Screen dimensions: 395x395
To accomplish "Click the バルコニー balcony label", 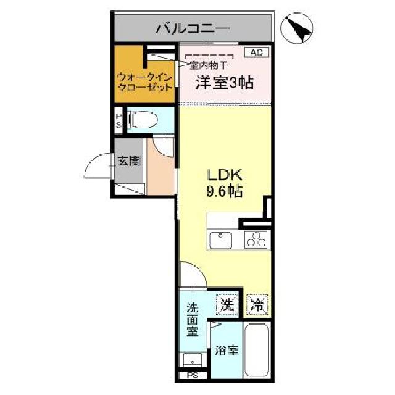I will point(193,28).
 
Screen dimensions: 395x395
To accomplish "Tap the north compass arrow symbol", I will point(299,27).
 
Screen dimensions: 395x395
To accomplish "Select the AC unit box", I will point(256,52).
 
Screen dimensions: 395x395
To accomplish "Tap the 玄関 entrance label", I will point(128,162).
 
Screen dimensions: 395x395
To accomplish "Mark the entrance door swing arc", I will point(96,167).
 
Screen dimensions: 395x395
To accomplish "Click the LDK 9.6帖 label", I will point(223,183).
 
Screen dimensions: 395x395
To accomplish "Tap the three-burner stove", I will point(256,239).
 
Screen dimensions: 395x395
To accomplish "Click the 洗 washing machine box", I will point(227,304).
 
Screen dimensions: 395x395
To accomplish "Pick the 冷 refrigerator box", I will point(258,304).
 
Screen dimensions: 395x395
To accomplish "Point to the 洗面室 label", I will point(192,319).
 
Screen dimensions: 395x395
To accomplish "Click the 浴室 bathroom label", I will point(227,351).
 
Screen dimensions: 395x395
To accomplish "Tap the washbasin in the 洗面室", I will point(192,360).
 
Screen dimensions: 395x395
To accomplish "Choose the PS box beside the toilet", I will point(118,120).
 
